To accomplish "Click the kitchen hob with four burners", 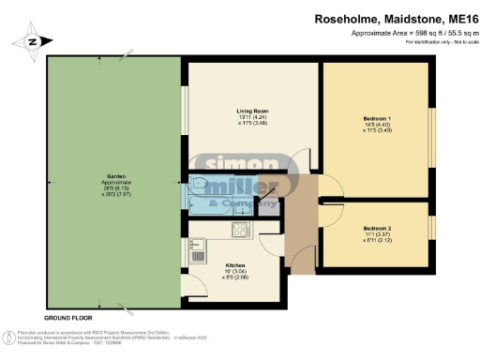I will tap(241, 228).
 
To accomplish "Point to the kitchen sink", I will tap(199, 252).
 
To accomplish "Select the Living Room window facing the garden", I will tap(185, 111).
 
